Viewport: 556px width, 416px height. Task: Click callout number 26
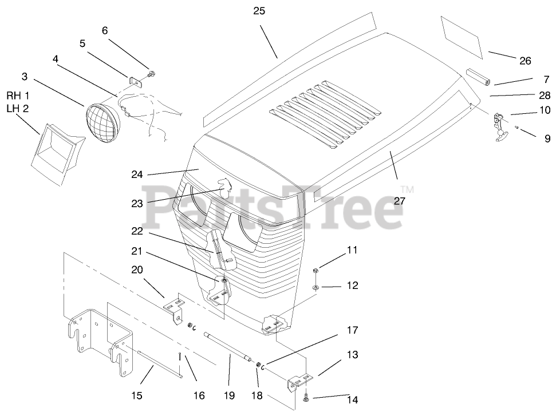pos(525,61)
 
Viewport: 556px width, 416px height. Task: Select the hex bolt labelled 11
pos(316,270)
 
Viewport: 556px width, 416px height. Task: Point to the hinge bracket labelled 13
pos(299,381)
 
